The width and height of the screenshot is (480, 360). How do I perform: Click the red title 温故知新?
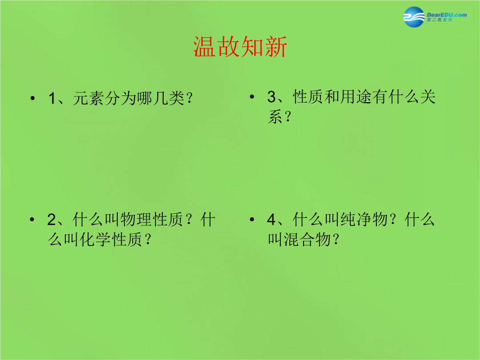point(240,47)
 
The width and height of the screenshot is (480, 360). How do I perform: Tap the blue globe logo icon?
point(414,17)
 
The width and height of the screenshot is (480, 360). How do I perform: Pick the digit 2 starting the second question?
point(52,220)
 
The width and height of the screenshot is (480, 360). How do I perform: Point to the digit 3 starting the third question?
point(272,97)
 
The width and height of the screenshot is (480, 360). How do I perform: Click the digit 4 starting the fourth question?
point(272,220)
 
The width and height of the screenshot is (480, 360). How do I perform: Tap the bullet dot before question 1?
point(32,98)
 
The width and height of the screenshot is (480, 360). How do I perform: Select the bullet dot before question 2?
point(32,220)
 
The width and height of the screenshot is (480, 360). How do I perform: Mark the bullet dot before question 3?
point(252,97)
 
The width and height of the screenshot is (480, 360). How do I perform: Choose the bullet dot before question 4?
point(252,220)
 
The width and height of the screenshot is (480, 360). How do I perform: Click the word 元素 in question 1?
point(88,99)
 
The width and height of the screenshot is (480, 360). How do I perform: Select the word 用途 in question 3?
point(356,97)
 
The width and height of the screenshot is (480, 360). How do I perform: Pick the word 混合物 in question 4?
point(307,240)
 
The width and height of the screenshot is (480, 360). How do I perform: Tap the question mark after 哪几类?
point(189,99)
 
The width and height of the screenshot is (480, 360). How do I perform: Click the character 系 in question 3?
point(276,116)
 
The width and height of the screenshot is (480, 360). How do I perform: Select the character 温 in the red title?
point(204,47)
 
